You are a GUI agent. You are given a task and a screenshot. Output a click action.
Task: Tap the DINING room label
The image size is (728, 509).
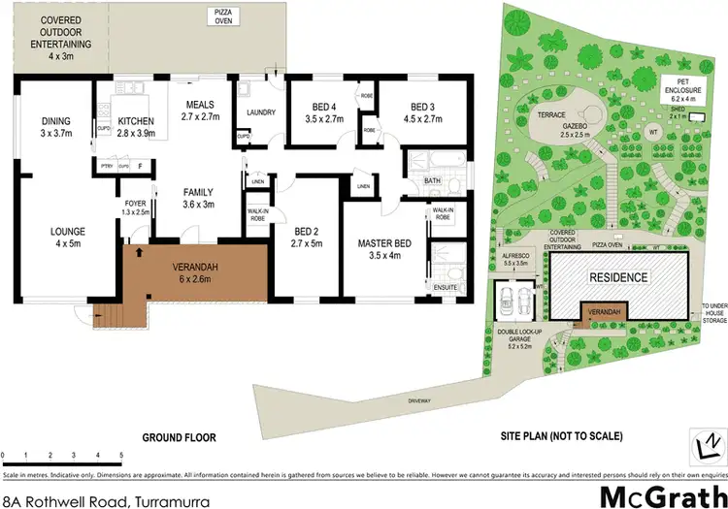coord(55,121)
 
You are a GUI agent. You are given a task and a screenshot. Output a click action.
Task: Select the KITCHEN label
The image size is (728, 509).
coord(136,121)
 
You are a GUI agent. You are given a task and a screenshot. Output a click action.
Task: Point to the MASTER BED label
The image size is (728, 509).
coord(381,242)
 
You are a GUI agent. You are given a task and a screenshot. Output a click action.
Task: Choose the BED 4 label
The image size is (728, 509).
coord(324,106)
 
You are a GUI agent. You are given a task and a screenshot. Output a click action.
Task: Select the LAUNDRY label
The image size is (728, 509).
coord(262,112)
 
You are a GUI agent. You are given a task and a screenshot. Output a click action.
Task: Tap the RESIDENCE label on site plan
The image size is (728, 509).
coord(618,277)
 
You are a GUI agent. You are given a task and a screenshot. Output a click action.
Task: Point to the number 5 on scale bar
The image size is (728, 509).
coord(120,455)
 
